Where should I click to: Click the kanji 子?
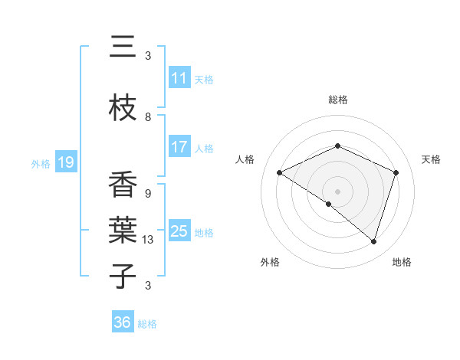tap(123, 276)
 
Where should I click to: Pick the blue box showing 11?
tap(179, 78)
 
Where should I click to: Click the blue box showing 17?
tap(179, 148)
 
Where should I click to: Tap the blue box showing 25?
tap(179, 232)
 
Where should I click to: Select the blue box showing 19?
tap(65, 162)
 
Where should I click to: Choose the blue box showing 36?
tap(123, 322)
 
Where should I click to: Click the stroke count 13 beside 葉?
tap(148, 240)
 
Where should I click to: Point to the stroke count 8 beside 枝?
tap(148, 117)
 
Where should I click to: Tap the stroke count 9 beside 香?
tap(148, 194)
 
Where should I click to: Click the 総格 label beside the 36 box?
tap(147, 324)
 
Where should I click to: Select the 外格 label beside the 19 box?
tap(41, 163)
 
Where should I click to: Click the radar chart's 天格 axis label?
tap(431, 159)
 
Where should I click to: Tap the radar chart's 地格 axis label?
tap(402, 262)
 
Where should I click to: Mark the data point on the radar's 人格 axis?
tap(280, 173)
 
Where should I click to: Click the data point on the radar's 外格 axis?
tap(329, 204)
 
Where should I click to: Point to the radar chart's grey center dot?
tap(337, 191)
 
